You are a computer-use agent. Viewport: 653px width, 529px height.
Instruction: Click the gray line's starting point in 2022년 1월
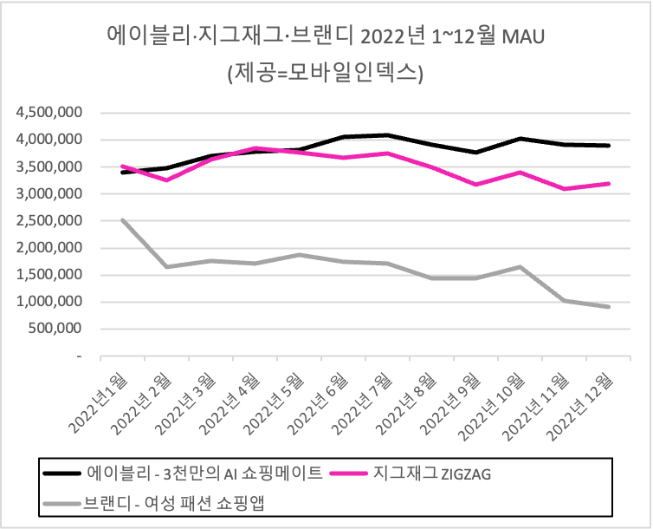click(123, 220)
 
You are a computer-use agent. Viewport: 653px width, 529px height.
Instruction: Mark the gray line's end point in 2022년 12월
click(609, 307)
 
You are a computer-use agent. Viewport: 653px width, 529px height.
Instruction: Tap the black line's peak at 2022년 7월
click(388, 135)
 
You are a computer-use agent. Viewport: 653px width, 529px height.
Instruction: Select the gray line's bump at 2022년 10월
click(520, 267)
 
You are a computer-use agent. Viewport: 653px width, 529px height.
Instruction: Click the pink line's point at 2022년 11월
click(565, 189)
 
